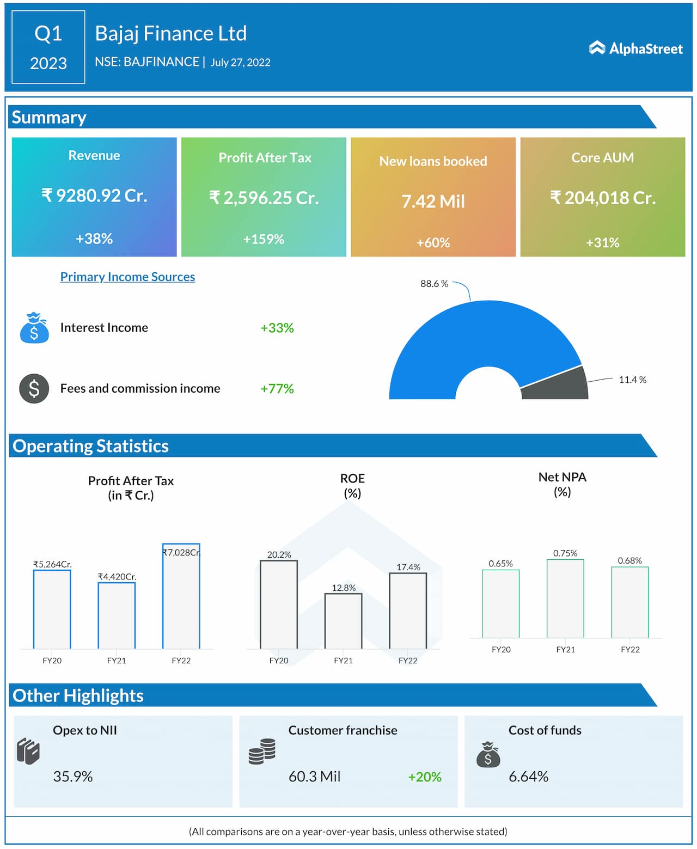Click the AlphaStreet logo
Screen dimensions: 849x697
[635, 48]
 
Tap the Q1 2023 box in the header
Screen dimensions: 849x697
[48, 47]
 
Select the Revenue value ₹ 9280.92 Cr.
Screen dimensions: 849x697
[94, 196]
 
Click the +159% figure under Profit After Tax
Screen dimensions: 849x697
[264, 239]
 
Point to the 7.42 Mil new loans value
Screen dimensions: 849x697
[433, 201]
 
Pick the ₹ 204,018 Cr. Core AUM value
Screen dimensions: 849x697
[602, 198]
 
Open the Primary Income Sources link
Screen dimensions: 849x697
[127, 277]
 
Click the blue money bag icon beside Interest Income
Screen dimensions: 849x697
[34, 328]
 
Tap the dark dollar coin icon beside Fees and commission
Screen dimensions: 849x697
[34, 388]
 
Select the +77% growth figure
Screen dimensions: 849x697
[277, 389]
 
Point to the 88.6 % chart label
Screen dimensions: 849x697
[434, 284]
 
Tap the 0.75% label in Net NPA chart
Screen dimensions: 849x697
[565, 553]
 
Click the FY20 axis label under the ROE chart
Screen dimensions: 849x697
[279, 661]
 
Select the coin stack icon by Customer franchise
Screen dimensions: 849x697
[262, 752]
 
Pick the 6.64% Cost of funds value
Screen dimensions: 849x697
[528, 777]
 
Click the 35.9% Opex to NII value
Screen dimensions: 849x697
[73, 777]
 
